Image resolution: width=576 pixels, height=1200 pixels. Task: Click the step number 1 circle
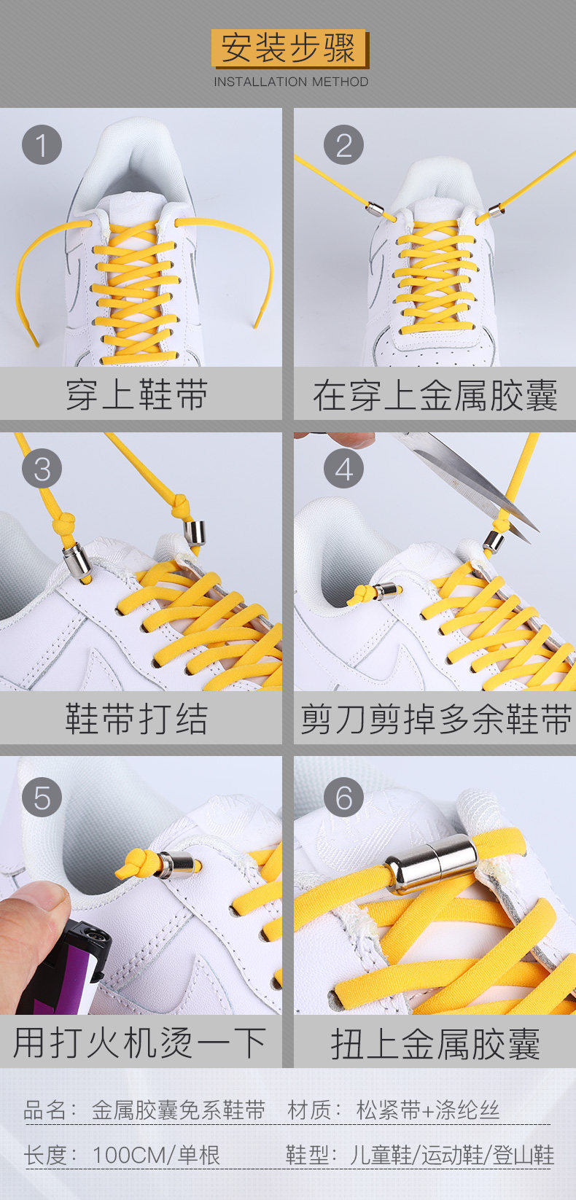pyautogui.click(x=42, y=144)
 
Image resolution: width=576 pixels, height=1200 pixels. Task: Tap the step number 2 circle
pyautogui.click(x=343, y=144)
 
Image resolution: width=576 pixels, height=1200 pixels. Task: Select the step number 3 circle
pyautogui.click(x=42, y=468)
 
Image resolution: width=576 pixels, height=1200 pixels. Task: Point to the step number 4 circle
pyautogui.click(x=343, y=468)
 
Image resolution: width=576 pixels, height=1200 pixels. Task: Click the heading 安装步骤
pyautogui.click(x=288, y=48)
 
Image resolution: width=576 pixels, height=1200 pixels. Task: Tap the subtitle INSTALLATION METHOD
pyautogui.click(x=291, y=82)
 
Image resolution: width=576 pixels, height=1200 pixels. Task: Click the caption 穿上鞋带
pyautogui.click(x=136, y=395)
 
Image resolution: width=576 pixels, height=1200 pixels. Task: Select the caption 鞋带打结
pyautogui.click(x=136, y=718)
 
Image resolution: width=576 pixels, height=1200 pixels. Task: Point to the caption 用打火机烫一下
pyautogui.click(x=139, y=1043)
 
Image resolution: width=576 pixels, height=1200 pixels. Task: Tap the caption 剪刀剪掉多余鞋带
pyautogui.click(x=435, y=719)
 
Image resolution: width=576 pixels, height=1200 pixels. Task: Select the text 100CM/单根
pyautogui.click(x=156, y=1155)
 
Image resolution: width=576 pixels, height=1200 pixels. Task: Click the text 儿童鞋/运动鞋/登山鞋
pyautogui.click(x=452, y=1155)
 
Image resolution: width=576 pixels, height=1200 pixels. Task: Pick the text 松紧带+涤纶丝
pyautogui.click(x=427, y=1110)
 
